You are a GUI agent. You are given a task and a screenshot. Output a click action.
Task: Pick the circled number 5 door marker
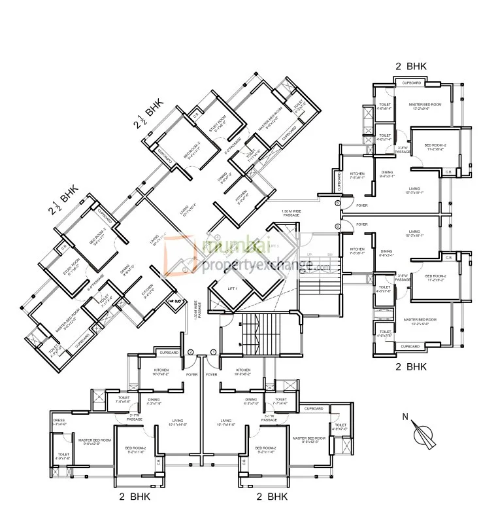click(x=337, y=204)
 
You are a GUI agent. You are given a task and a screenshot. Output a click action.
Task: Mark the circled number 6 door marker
click(x=337, y=226)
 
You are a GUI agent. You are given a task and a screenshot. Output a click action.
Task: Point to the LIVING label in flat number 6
click(x=414, y=232)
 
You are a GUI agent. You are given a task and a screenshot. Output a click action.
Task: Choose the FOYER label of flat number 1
click(x=211, y=375)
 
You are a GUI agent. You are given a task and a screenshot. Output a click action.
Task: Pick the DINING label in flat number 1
click(x=250, y=400)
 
